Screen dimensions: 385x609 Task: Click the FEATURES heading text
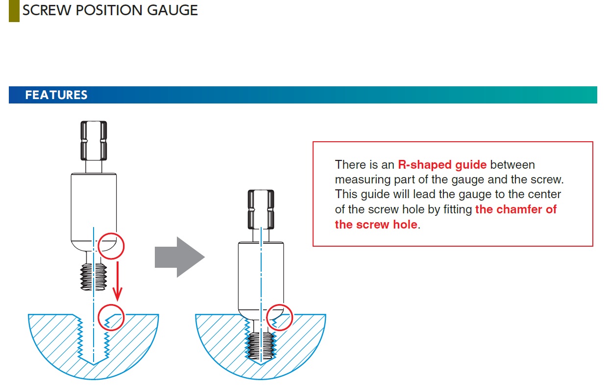(x=56, y=95)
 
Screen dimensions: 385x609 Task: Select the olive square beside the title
(x=14, y=11)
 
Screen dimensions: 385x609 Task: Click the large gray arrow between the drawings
(x=178, y=257)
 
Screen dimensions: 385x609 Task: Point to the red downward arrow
(x=117, y=282)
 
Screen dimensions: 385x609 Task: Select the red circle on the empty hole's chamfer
(x=111, y=318)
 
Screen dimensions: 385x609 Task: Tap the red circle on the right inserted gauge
(x=280, y=317)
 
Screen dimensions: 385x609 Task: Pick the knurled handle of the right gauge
(x=261, y=208)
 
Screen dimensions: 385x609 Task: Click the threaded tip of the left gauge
(x=93, y=277)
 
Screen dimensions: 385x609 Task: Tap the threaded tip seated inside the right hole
(x=261, y=345)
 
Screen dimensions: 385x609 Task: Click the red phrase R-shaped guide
(x=442, y=165)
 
